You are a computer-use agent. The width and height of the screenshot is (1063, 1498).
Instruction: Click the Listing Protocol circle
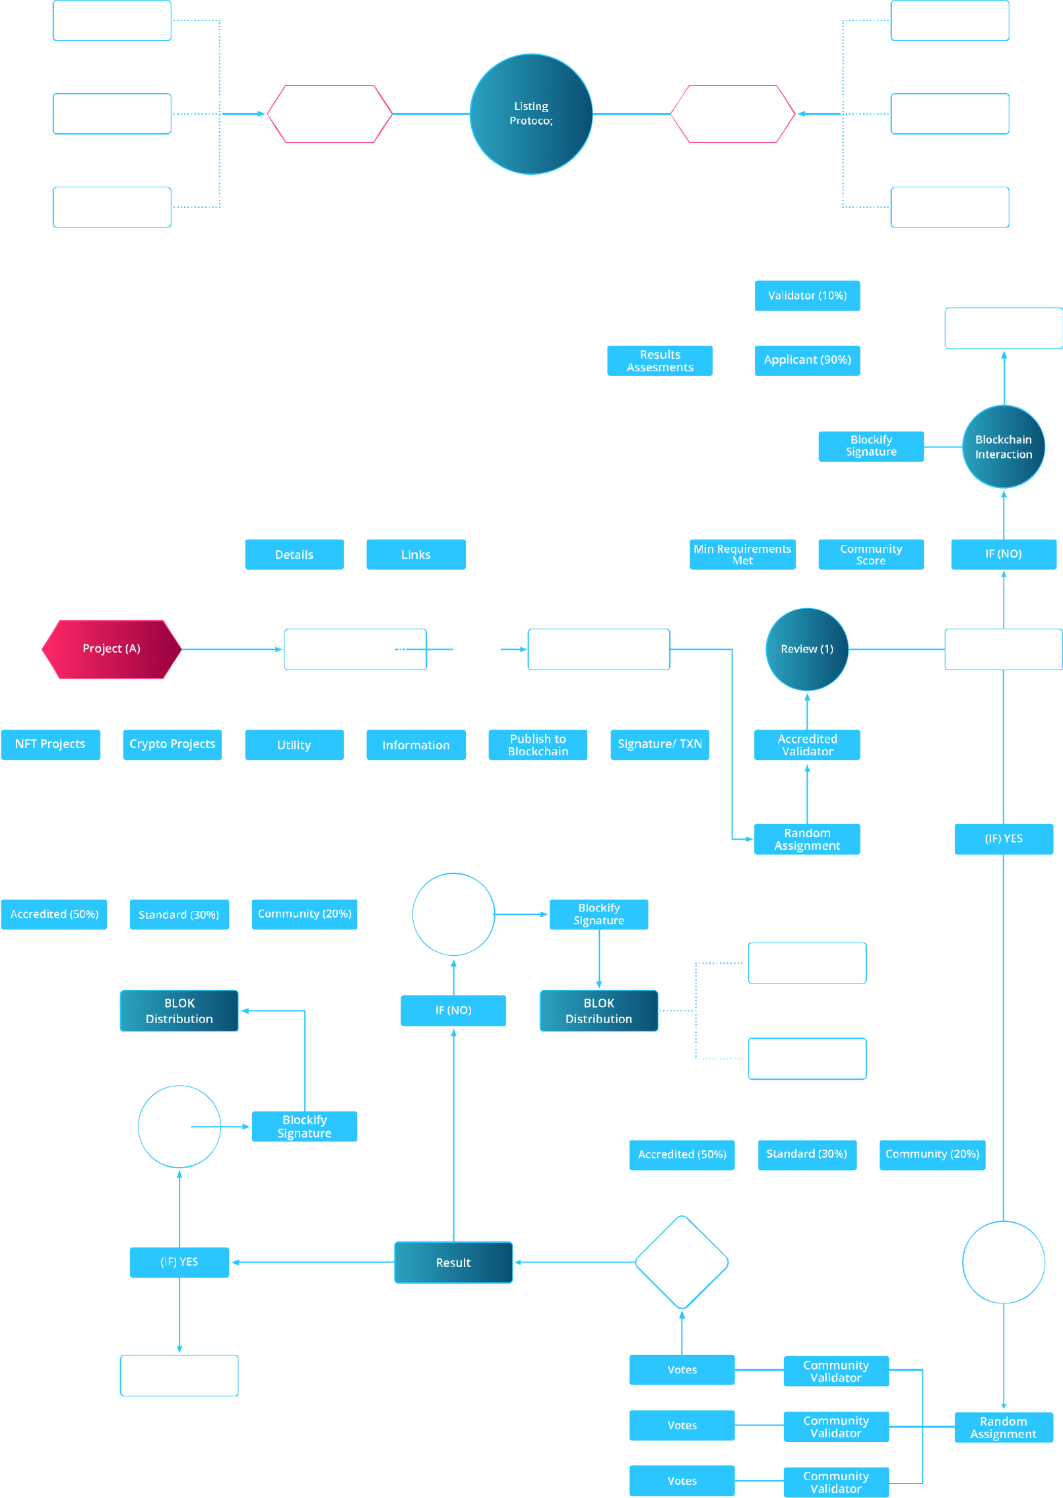pyautogui.click(x=531, y=113)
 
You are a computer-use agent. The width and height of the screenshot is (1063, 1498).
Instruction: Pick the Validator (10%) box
pyautogui.click(x=807, y=296)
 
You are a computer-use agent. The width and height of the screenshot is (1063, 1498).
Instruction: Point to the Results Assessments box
pyautogui.click(x=660, y=361)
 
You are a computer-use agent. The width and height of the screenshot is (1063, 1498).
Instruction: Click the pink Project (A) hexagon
pyautogui.click(x=112, y=649)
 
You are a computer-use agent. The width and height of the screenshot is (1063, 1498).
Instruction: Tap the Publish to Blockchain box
pyautogui.click(x=538, y=745)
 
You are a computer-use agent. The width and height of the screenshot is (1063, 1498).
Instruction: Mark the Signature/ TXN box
pyautogui.click(x=660, y=745)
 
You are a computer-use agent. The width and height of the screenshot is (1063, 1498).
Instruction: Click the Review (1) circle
pyautogui.click(x=806, y=649)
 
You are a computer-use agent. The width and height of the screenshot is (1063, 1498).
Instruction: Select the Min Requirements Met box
pyautogui.click(x=742, y=554)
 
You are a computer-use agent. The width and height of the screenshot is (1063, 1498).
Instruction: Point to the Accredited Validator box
pyautogui.click(x=807, y=745)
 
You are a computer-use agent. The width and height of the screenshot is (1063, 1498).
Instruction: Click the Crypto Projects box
pyautogui.click(x=172, y=745)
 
